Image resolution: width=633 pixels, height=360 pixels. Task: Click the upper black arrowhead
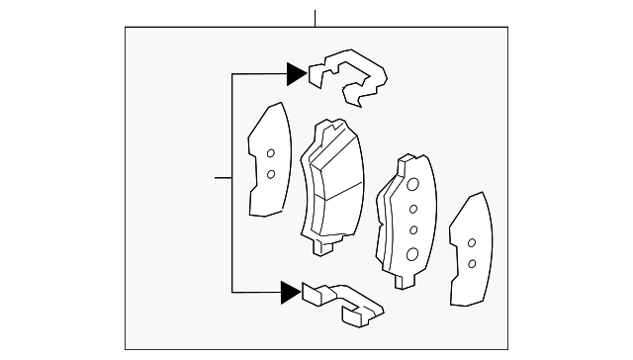pyautogui.click(x=297, y=72)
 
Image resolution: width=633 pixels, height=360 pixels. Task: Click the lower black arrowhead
pyautogui.click(x=290, y=291)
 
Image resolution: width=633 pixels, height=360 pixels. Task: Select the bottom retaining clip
pyautogui.click(x=342, y=303)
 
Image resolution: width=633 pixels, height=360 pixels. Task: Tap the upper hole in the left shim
pyautogui.click(x=270, y=152)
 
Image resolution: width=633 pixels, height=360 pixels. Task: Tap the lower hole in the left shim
pyautogui.click(x=270, y=175)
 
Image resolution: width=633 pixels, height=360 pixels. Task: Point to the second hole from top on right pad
pyautogui.click(x=413, y=209)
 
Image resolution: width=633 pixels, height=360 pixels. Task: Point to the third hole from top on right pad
pyautogui.click(x=413, y=230)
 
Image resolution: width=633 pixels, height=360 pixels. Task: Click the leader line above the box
pyautogui.click(x=315, y=18)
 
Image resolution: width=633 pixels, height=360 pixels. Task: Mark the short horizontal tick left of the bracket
pyautogui.click(x=224, y=178)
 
